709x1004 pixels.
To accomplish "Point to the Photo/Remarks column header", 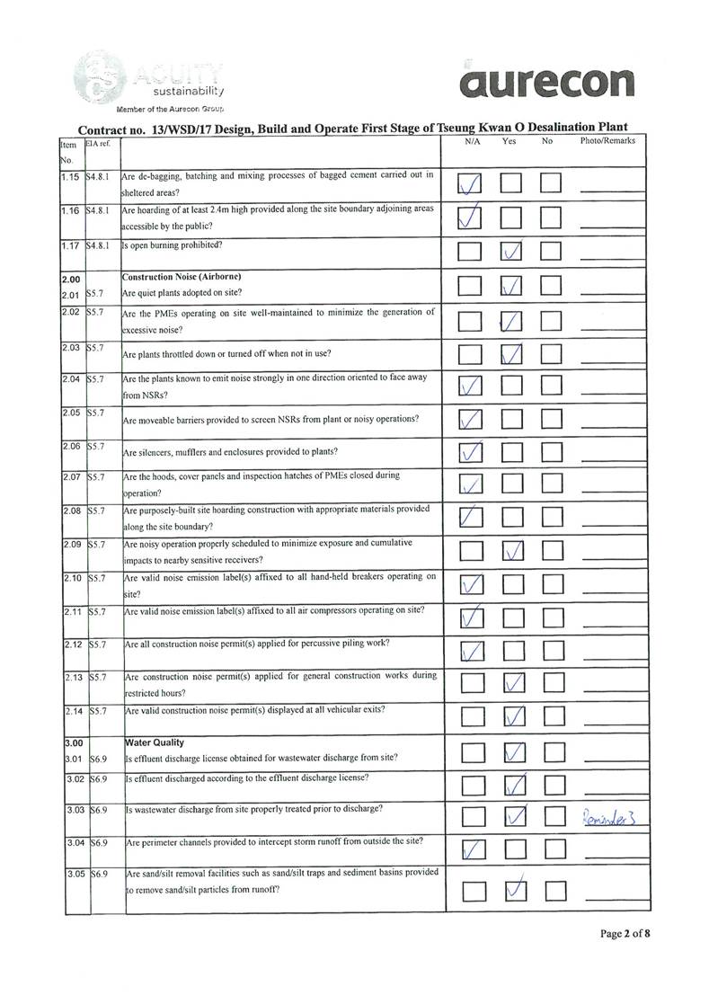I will (x=607, y=141).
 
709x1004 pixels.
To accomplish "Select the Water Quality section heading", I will (x=154, y=742).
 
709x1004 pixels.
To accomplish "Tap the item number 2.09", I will (x=73, y=545).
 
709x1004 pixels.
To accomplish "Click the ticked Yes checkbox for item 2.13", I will (x=512, y=682).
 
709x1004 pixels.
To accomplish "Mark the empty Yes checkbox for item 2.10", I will (x=512, y=585).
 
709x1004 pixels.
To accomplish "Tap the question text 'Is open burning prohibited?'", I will (x=172, y=244).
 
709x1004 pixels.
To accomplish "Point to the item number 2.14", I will (x=73, y=710).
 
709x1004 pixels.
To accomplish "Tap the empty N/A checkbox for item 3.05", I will (x=472, y=890).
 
